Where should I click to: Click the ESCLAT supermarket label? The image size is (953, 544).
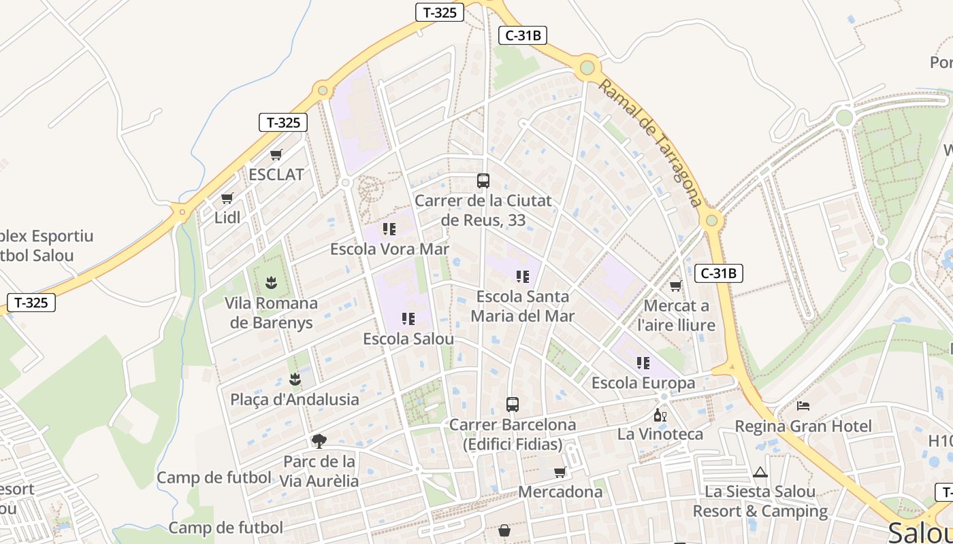click(x=276, y=174)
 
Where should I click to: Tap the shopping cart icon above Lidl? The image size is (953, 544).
click(x=227, y=199)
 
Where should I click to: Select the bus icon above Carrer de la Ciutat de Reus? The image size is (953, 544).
click(x=483, y=181)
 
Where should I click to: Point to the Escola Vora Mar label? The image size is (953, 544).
click(x=389, y=249)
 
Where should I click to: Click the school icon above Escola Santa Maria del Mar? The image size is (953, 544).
click(x=523, y=276)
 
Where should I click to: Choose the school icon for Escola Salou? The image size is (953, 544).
click(x=408, y=318)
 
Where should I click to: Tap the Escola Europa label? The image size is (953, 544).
click(x=643, y=383)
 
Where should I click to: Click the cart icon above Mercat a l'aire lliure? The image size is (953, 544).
click(x=675, y=286)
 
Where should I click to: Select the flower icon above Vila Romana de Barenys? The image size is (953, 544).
click(x=272, y=282)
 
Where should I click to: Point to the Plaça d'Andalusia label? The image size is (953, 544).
click(x=295, y=399)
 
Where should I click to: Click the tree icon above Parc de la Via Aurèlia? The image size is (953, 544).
click(x=319, y=441)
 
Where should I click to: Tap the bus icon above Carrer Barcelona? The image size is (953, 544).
click(x=513, y=405)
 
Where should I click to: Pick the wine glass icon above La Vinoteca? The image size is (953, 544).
click(x=660, y=415)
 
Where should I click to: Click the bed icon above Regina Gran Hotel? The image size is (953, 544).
click(x=803, y=406)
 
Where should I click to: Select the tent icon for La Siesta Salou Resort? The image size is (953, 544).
click(x=760, y=472)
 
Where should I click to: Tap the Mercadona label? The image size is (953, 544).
click(x=560, y=492)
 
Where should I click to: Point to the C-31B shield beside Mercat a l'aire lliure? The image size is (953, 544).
click(x=719, y=273)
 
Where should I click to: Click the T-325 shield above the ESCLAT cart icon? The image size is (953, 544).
click(x=283, y=122)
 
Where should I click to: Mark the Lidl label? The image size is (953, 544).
click(x=227, y=218)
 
